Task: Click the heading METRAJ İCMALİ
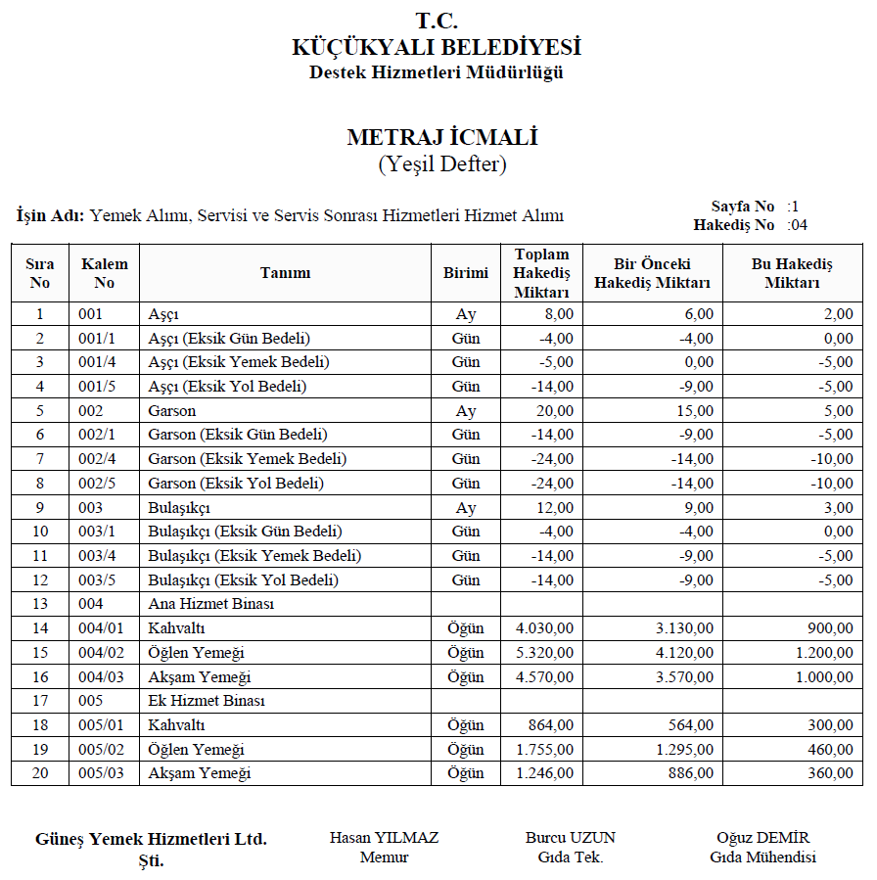pos(442,137)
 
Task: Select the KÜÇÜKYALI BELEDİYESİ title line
pos(437,47)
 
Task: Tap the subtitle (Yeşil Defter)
pos(442,164)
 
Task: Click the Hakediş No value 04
pos(798,225)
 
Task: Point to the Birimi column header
pos(465,273)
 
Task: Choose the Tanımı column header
pos(285,273)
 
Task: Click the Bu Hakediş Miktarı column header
pos(792,273)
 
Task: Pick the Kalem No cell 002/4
pos(98,459)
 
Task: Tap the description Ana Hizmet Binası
pos(210,604)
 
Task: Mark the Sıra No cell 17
pos(40,701)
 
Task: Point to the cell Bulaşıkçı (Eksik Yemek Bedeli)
pos(254,556)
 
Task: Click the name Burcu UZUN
pos(570,838)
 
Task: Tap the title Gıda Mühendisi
pos(762,857)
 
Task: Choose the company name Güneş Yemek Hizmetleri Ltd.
pos(151,839)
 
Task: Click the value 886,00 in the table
pos(692,773)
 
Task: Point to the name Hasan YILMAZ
pos(384,838)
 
